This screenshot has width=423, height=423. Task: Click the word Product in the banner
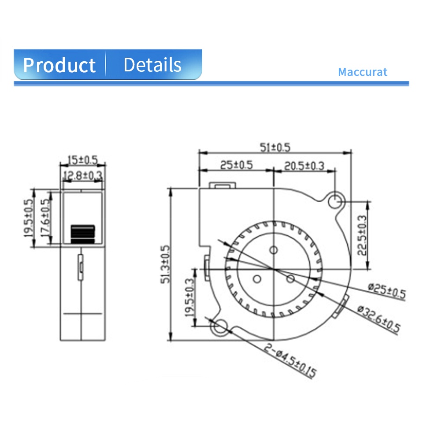59,65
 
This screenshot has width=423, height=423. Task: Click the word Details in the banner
152,65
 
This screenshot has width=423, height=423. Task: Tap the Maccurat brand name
363,72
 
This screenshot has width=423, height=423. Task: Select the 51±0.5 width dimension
275,147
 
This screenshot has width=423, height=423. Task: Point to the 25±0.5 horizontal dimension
236,165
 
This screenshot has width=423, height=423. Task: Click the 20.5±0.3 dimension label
304,166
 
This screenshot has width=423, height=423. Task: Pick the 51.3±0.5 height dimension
165,264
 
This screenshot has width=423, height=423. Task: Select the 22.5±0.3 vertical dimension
362,235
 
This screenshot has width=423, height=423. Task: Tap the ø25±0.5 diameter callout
387,291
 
